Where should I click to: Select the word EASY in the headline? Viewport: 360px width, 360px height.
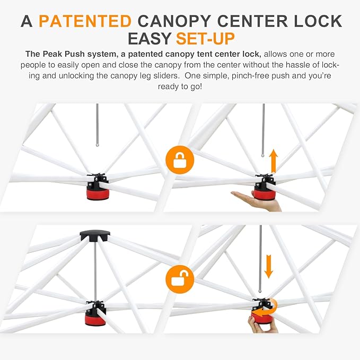150,38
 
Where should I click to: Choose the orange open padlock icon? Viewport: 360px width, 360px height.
179,278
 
